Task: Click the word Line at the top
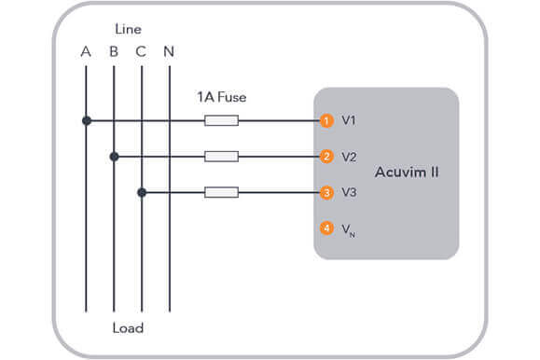(128, 30)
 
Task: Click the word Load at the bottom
(127, 328)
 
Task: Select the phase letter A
(86, 51)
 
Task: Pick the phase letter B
(114, 51)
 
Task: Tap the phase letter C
(141, 51)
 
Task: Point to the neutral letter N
(169, 51)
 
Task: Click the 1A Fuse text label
(221, 97)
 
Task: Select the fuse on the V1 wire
(221, 120)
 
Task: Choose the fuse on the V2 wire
(221, 157)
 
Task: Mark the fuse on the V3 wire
(221, 193)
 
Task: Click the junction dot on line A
(86, 120)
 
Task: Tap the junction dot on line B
(114, 157)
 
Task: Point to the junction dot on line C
(142, 193)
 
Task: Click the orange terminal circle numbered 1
(326, 121)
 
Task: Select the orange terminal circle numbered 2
(326, 157)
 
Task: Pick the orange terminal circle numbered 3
(326, 193)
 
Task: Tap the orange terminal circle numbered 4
(326, 228)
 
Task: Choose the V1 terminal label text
(349, 121)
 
